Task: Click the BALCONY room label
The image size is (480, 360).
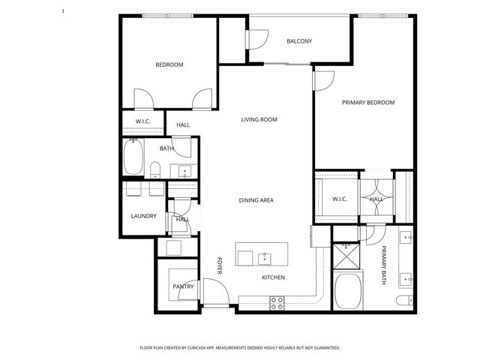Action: (x=299, y=41)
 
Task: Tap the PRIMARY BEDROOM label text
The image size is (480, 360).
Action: (x=367, y=103)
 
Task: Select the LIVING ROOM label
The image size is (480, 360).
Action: (x=259, y=119)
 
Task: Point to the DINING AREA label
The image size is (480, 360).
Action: (x=256, y=200)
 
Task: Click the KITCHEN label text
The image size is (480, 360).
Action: (x=272, y=277)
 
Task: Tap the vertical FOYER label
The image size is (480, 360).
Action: (x=220, y=265)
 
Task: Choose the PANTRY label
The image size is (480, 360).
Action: (x=183, y=286)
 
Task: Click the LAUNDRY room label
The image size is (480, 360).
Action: (x=143, y=217)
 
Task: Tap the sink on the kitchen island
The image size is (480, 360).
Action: (x=264, y=258)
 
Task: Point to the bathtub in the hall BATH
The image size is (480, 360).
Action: (x=135, y=159)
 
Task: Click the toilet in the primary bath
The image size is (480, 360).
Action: (x=403, y=301)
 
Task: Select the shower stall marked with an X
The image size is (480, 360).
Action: (x=346, y=256)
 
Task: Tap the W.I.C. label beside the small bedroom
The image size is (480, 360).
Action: (x=142, y=121)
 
